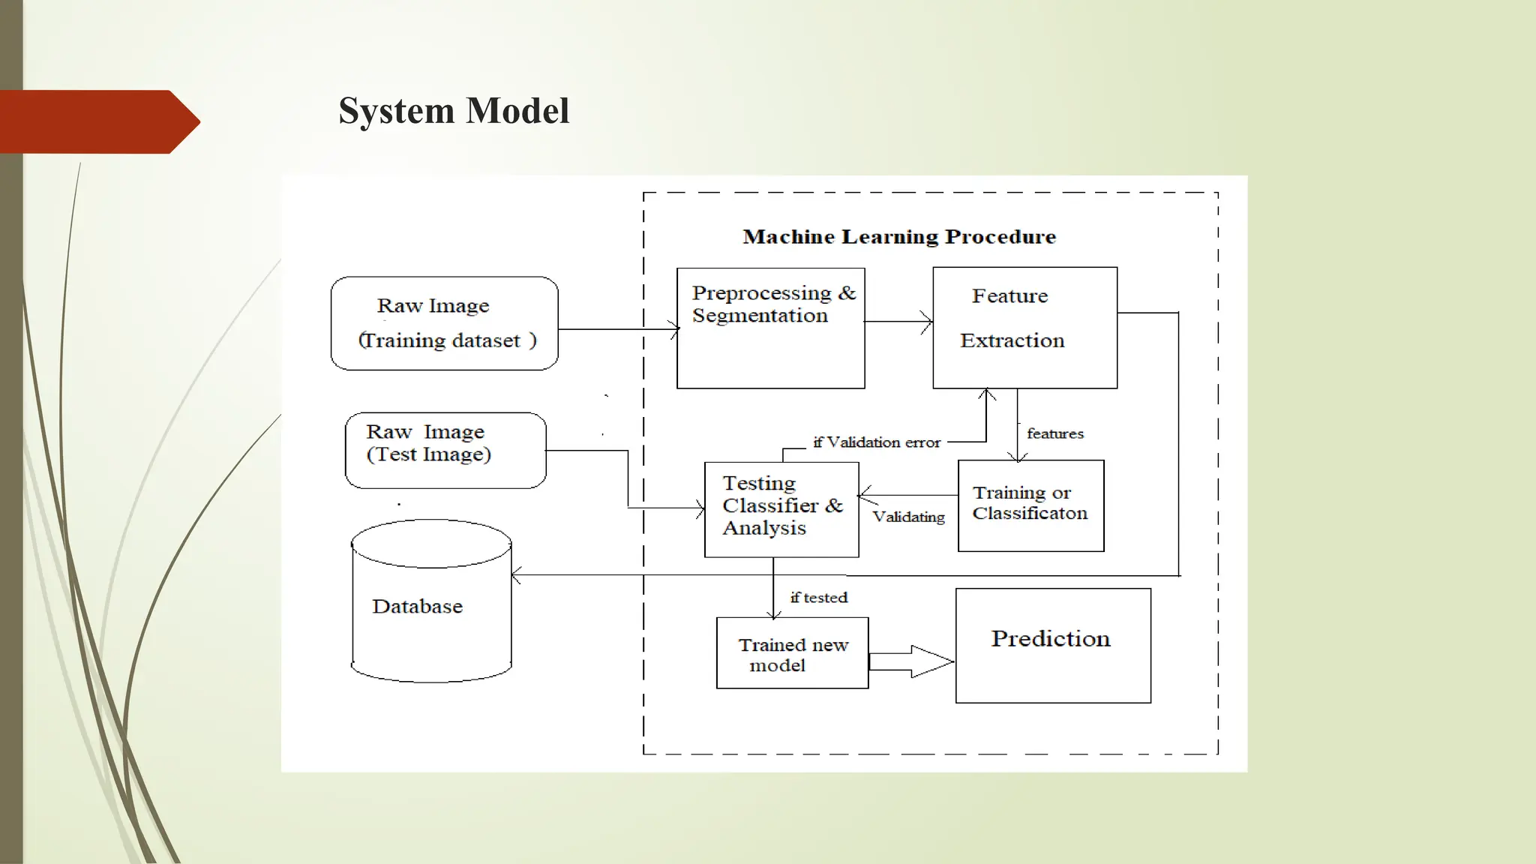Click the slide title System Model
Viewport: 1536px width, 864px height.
click(x=454, y=111)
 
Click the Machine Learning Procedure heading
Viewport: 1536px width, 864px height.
click(x=898, y=237)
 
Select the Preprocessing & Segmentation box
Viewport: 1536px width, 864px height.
click(x=770, y=328)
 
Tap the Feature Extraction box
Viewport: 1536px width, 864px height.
click(x=1024, y=328)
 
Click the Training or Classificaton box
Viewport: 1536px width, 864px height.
click(x=1030, y=505)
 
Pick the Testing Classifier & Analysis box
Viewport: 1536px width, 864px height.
click(x=781, y=509)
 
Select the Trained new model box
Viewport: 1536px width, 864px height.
click(x=792, y=653)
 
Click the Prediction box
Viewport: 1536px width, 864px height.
click(x=1052, y=646)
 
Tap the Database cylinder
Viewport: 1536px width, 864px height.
click(x=431, y=601)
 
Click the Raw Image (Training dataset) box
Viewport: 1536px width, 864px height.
click(x=444, y=323)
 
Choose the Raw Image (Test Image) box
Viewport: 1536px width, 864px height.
click(x=445, y=450)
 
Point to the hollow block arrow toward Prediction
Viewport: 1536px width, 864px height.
click(x=911, y=661)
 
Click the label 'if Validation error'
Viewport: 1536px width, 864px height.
click(x=876, y=442)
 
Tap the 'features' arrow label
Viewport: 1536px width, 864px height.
click(x=1054, y=433)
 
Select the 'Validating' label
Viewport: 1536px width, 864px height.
click(x=908, y=517)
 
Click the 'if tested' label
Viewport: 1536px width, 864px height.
click(x=818, y=598)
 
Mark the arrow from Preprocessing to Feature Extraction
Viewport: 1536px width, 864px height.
click(x=898, y=322)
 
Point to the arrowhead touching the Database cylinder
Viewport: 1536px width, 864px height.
click(x=516, y=575)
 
